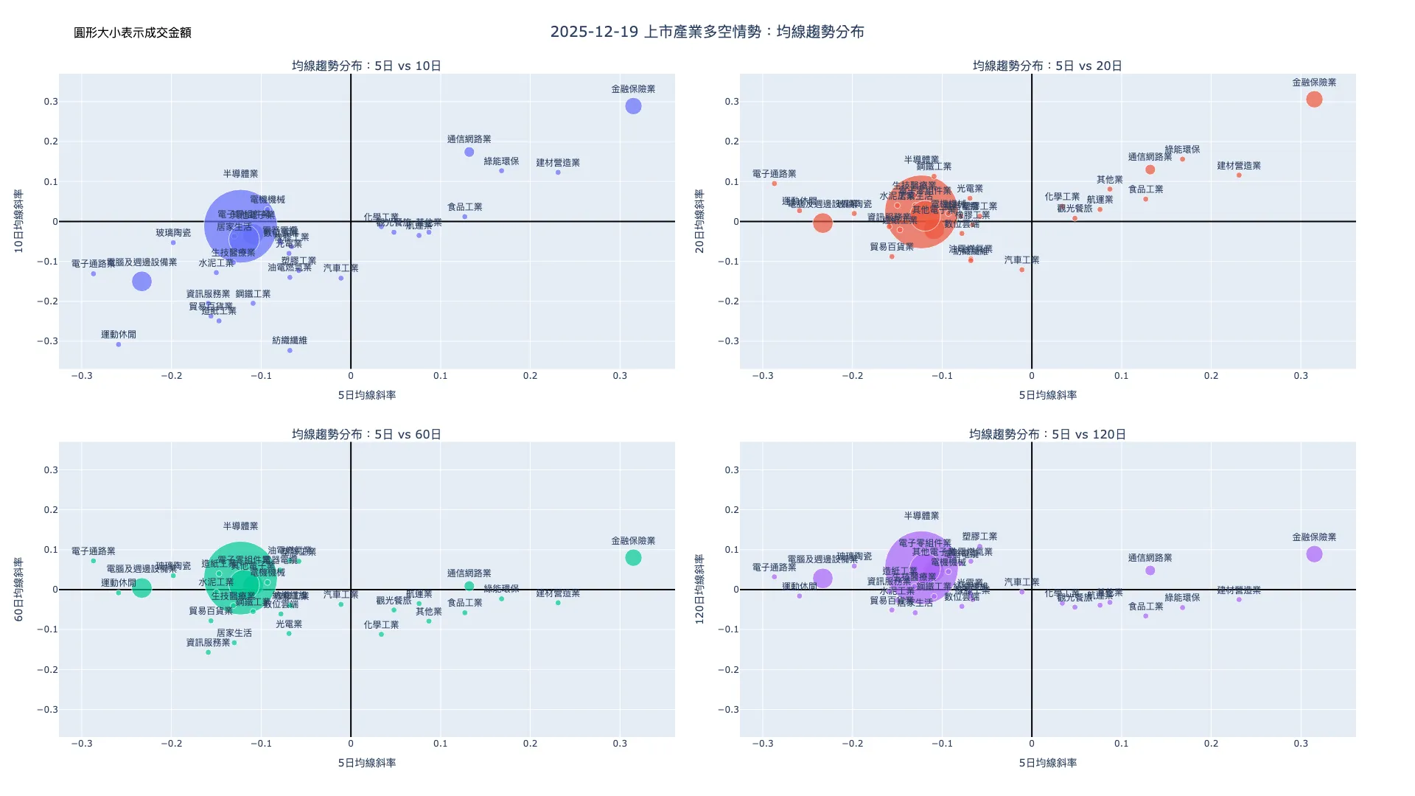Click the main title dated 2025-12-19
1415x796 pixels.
coord(707,32)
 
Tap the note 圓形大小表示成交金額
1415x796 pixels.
coord(133,32)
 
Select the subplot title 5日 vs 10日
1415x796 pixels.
coord(366,66)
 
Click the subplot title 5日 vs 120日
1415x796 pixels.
coord(1047,434)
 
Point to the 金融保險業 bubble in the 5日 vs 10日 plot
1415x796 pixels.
coord(633,106)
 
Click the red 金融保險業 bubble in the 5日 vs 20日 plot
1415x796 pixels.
coord(1314,99)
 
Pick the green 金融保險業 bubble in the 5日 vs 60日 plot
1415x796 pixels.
coord(633,558)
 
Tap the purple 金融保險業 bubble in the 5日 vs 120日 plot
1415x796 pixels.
coord(1314,554)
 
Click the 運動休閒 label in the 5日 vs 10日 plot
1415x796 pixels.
coord(119,335)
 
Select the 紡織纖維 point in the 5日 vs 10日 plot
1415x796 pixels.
coord(290,350)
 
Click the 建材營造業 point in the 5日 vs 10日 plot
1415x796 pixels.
coord(558,172)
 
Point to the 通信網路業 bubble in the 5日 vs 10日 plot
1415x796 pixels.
coord(469,152)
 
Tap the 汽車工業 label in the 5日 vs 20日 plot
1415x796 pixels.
coord(1021,260)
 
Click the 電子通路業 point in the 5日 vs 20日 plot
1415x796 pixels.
coord(775,184)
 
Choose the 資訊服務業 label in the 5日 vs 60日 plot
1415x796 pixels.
coord(208,643)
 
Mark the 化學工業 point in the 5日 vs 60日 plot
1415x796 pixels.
coord(381,634)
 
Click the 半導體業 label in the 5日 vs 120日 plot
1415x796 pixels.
coord(921,516)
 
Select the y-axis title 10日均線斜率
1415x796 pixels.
coord(19,221)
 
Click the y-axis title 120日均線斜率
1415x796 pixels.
coord(700,590)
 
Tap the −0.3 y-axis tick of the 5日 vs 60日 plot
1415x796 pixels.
coord(47,710)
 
